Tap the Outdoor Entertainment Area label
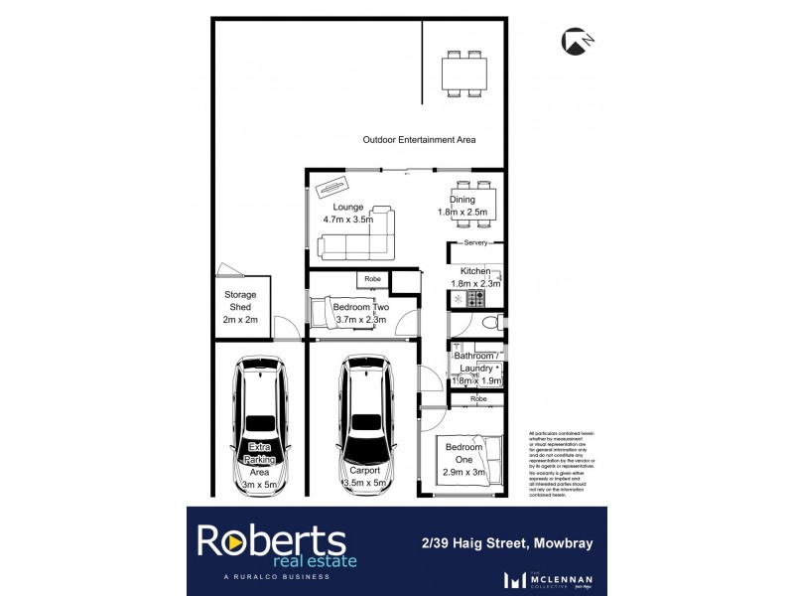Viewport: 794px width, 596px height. pyautogui.click(x=419, y=140)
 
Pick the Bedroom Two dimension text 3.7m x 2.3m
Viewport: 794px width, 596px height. pyautogui.click(x=361, y=319)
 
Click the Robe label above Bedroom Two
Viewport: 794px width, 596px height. pyautogui.click(x=372, y=279)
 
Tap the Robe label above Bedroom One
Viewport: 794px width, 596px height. pyautogui.click(x=479, y=398)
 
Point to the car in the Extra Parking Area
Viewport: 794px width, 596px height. pyautogui.click(x=261, y=427)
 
